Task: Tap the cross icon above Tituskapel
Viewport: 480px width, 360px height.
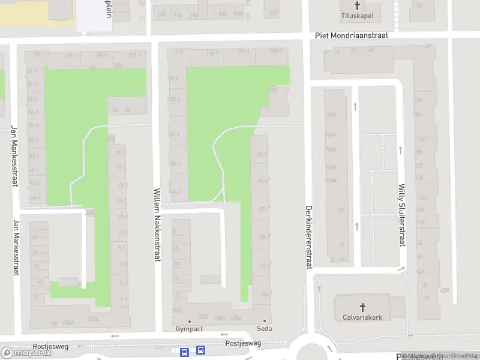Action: (x=358, y=5)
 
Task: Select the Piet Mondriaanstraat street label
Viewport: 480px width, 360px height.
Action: (x=352, y=35)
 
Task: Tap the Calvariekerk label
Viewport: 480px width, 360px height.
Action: (x=362, y=317)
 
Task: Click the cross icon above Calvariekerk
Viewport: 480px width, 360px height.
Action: (x=362, y=306)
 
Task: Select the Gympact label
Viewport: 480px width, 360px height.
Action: (x=190, y=329)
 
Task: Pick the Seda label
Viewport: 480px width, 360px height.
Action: (x=264, y=329)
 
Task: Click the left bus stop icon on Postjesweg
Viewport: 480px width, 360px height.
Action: (x=185, y=351)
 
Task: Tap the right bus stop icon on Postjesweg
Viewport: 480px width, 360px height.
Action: (x=200, y=350)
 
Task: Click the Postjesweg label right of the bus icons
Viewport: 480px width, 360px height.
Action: (x=243, y=343)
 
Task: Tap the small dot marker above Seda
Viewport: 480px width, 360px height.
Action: (x=264, y=321)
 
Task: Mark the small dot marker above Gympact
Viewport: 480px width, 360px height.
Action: (x=190, y=321)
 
